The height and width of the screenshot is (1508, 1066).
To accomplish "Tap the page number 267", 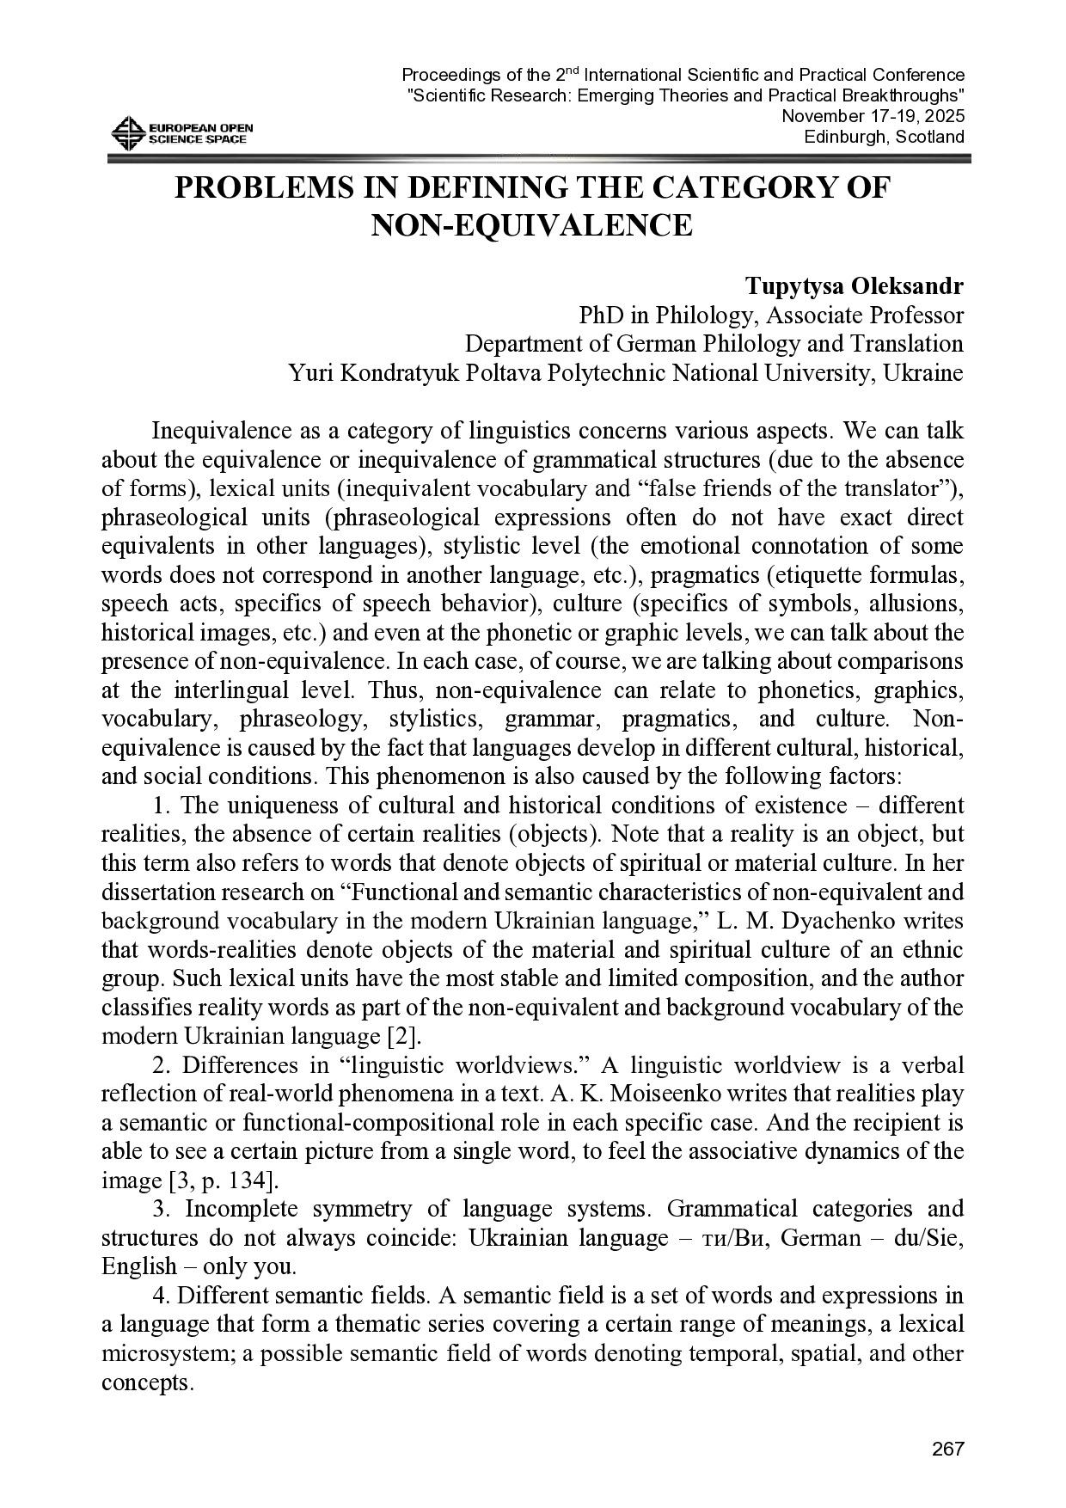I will click(x=948, y=1450).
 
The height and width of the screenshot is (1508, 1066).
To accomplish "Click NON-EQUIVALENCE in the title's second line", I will click(x=532, y=225).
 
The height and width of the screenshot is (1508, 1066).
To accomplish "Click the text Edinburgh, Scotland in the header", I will click(x=884, y=138).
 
